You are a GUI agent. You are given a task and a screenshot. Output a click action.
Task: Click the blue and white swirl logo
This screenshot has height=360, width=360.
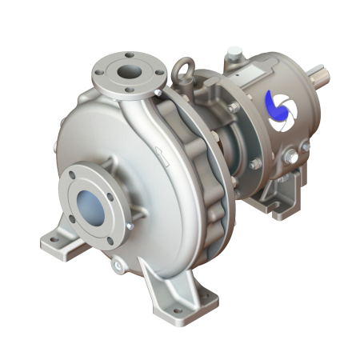pos(280,111)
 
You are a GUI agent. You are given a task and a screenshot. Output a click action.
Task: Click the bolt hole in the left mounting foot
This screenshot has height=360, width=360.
pos(53,239)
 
